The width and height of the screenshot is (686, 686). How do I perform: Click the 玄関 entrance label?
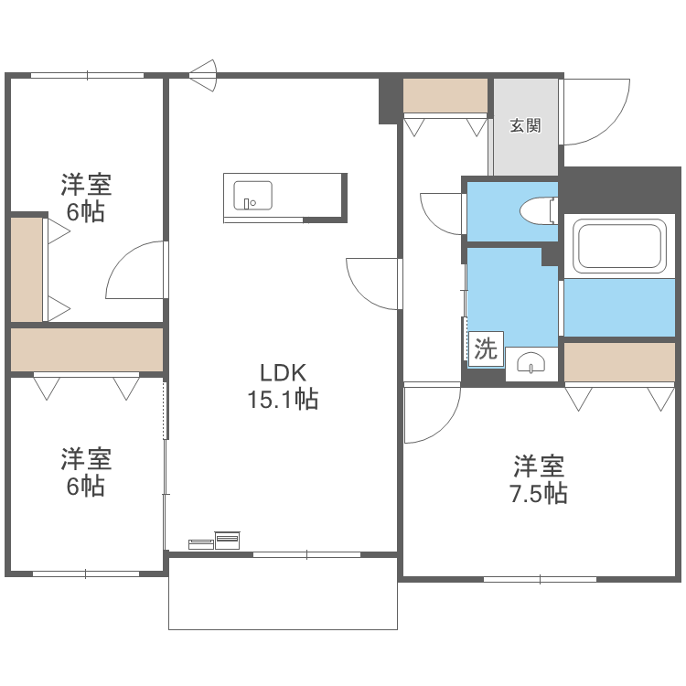(x=525, y=125)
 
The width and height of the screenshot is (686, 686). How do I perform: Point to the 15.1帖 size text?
(x=282, y=400)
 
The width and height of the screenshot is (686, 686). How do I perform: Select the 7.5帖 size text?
(x=538, y=494)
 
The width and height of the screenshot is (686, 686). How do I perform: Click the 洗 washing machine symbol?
(x=485, y=348)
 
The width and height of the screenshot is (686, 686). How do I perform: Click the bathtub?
(x=618, y=247)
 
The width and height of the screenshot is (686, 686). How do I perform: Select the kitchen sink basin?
(x=252, y=195)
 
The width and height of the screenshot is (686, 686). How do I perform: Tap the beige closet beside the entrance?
(x=445, y=95)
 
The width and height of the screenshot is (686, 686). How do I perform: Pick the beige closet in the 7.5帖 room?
(x=619, y=361)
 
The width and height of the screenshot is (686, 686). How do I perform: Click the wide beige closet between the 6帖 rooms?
(x=87, y=349)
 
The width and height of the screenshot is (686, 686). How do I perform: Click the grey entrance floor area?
(x=525, y=151)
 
